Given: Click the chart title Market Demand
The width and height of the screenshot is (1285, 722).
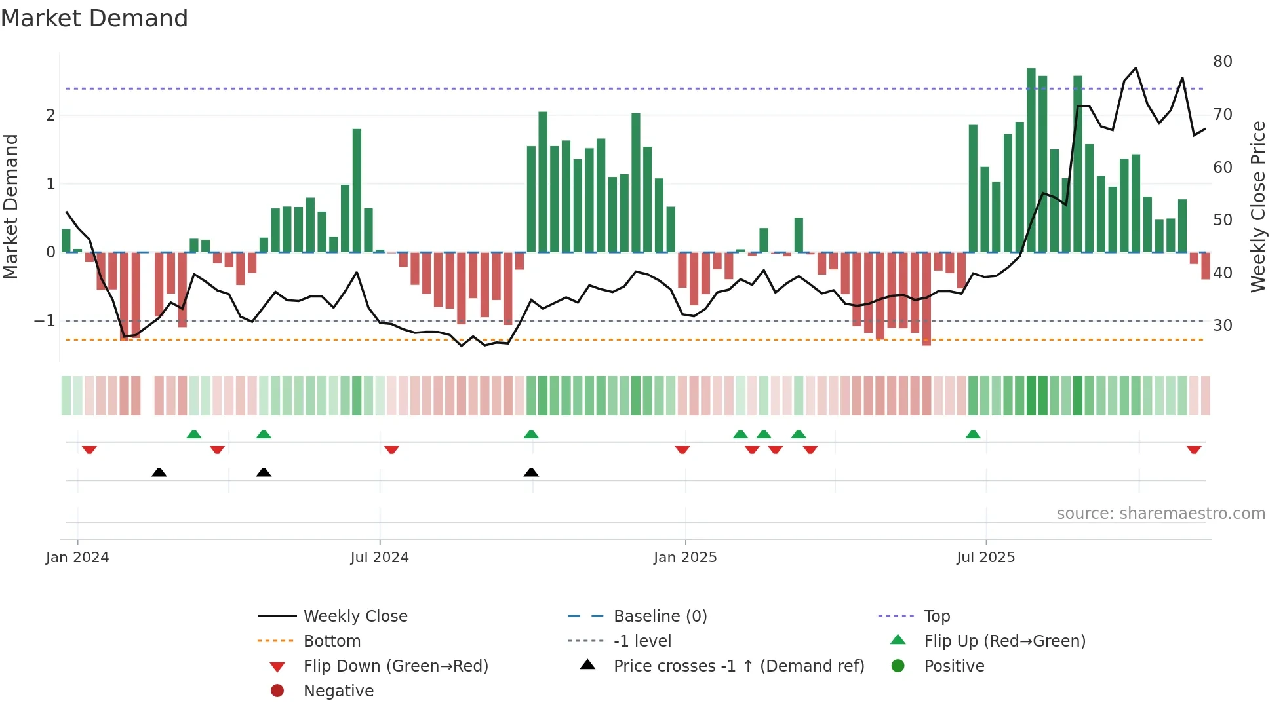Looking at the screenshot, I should (x=94, y=18).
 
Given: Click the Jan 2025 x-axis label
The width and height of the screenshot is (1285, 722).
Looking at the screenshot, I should (x=685, y=558).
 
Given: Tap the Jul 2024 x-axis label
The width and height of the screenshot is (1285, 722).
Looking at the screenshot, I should (x=379, y=558).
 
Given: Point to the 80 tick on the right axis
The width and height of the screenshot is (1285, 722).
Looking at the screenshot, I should (x=1222, y=62).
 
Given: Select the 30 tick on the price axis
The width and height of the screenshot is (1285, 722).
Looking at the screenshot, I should (x=1222, y=326).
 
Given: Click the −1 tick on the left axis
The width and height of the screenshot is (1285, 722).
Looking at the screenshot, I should (x=45, y=321).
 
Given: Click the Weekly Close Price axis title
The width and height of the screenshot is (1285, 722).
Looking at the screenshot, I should (x=1257, y=206).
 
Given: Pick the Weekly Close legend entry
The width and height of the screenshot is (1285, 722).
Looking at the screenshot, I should (x=355, y=617).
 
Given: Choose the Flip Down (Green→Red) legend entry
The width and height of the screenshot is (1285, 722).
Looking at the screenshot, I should (x=395, y=666).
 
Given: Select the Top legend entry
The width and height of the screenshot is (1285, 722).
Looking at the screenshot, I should (x=936, y=617).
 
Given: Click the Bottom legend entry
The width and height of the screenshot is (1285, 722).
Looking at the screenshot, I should (x=332, y=641).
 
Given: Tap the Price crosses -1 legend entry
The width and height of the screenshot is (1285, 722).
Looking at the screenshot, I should (x=738, y=666).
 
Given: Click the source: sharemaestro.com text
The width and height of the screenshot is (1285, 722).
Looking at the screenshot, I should (x=1160, y=514).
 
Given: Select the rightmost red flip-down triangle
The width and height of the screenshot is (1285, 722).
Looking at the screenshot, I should (x=1194, y=449).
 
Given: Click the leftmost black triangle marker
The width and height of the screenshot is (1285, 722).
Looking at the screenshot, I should (x=159, y=472).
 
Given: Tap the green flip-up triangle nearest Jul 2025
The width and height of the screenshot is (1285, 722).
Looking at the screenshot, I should (x=973, y=434).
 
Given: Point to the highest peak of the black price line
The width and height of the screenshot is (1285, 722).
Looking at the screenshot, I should (x=1136, y=68).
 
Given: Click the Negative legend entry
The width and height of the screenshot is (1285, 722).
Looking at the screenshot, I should (x=338, y=691).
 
